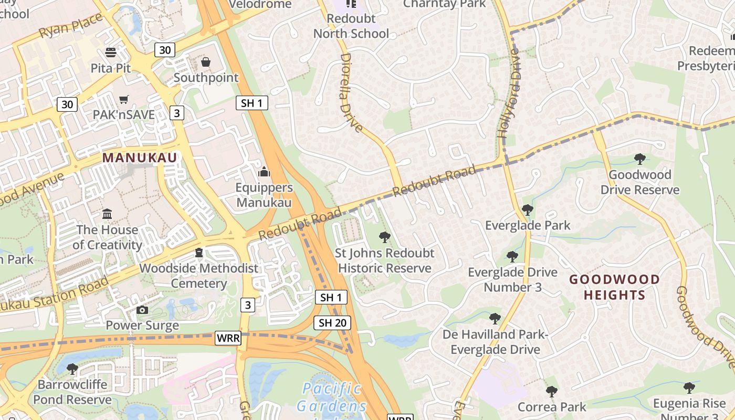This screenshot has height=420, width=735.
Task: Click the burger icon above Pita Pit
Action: click(111, 52)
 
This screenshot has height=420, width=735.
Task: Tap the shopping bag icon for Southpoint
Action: click(206, 62)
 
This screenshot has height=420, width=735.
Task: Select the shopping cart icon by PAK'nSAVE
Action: click(124, 99)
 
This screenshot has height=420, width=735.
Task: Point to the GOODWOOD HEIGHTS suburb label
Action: click(614, 287)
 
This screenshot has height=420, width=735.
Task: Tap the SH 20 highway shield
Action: click(332, 323)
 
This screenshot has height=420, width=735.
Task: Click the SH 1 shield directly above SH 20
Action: click(332, 298)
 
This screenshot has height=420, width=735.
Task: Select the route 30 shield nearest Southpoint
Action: click(165, 50)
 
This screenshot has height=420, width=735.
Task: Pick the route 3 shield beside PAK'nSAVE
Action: click(177, 112)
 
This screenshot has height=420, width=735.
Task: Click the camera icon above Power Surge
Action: click(142, 310)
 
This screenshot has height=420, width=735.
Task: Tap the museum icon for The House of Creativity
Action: click(108, 214)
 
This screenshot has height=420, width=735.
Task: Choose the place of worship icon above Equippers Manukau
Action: click(264, 172)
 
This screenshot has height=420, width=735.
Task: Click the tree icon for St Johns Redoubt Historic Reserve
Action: click(385, 237)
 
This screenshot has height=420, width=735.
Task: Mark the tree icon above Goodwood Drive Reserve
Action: click(639, 159)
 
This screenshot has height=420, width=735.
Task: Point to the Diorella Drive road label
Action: click(351, 92)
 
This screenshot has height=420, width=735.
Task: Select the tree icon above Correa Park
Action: click(551, 391)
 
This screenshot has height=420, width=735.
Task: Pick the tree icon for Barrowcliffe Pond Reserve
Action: click(72, 369)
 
